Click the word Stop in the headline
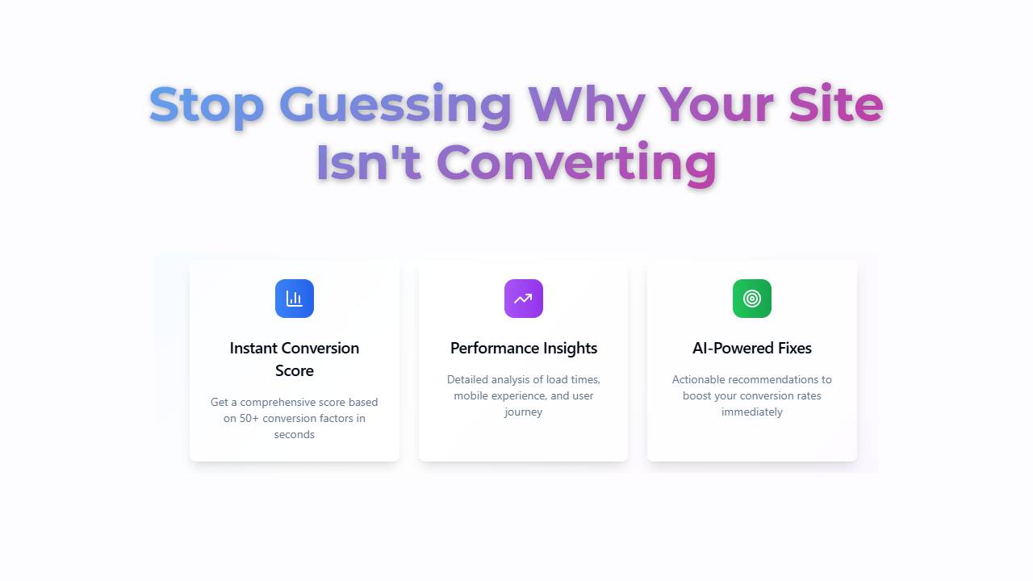(206, 105)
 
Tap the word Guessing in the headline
(395, 105)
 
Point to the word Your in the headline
(716, 105)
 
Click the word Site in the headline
(835, 103)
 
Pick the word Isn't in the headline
(369, 162)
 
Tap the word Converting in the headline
(576, 164)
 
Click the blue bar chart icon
(295, 299)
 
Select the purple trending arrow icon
(524, 299)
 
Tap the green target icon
(751, 299)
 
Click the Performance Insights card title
(524, 349)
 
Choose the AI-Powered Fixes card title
(751, 348)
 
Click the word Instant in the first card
(253, 348)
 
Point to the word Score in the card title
(295, 370)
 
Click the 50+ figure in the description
(249, 418)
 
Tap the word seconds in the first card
(295, 434)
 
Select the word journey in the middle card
(524, 412)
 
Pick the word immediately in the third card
(751, 412)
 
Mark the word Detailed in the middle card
(467, 379)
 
